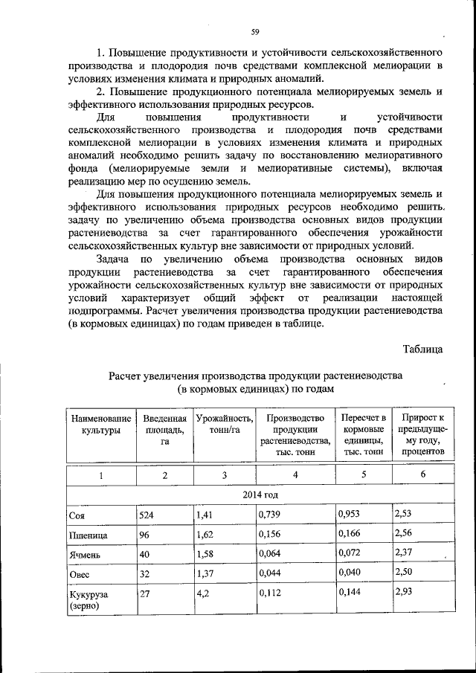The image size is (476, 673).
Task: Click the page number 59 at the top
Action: tap(254, 30)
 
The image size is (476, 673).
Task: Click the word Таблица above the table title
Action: tap(423, 348)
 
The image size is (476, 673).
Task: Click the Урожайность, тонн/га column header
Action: tap(225, 425)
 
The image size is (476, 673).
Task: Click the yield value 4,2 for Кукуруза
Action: tap(202, 593)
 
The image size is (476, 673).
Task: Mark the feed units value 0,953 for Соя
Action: tap(350, 513)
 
